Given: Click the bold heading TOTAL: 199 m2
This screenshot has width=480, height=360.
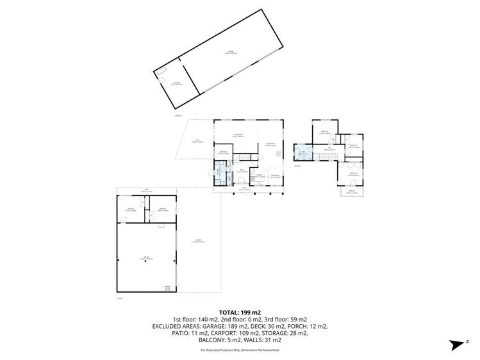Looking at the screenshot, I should coord(240,311).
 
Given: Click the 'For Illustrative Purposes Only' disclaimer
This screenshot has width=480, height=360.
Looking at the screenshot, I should coord(240,350).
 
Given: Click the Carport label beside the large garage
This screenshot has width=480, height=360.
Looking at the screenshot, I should coord(199,241).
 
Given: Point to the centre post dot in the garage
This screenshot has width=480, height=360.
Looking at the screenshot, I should coord(145,269).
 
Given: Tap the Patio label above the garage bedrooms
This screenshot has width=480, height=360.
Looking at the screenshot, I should coord(146,190).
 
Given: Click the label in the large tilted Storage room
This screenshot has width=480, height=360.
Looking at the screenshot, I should coord(229,54).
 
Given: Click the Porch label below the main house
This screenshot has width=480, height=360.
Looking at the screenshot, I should coord(244,188).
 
